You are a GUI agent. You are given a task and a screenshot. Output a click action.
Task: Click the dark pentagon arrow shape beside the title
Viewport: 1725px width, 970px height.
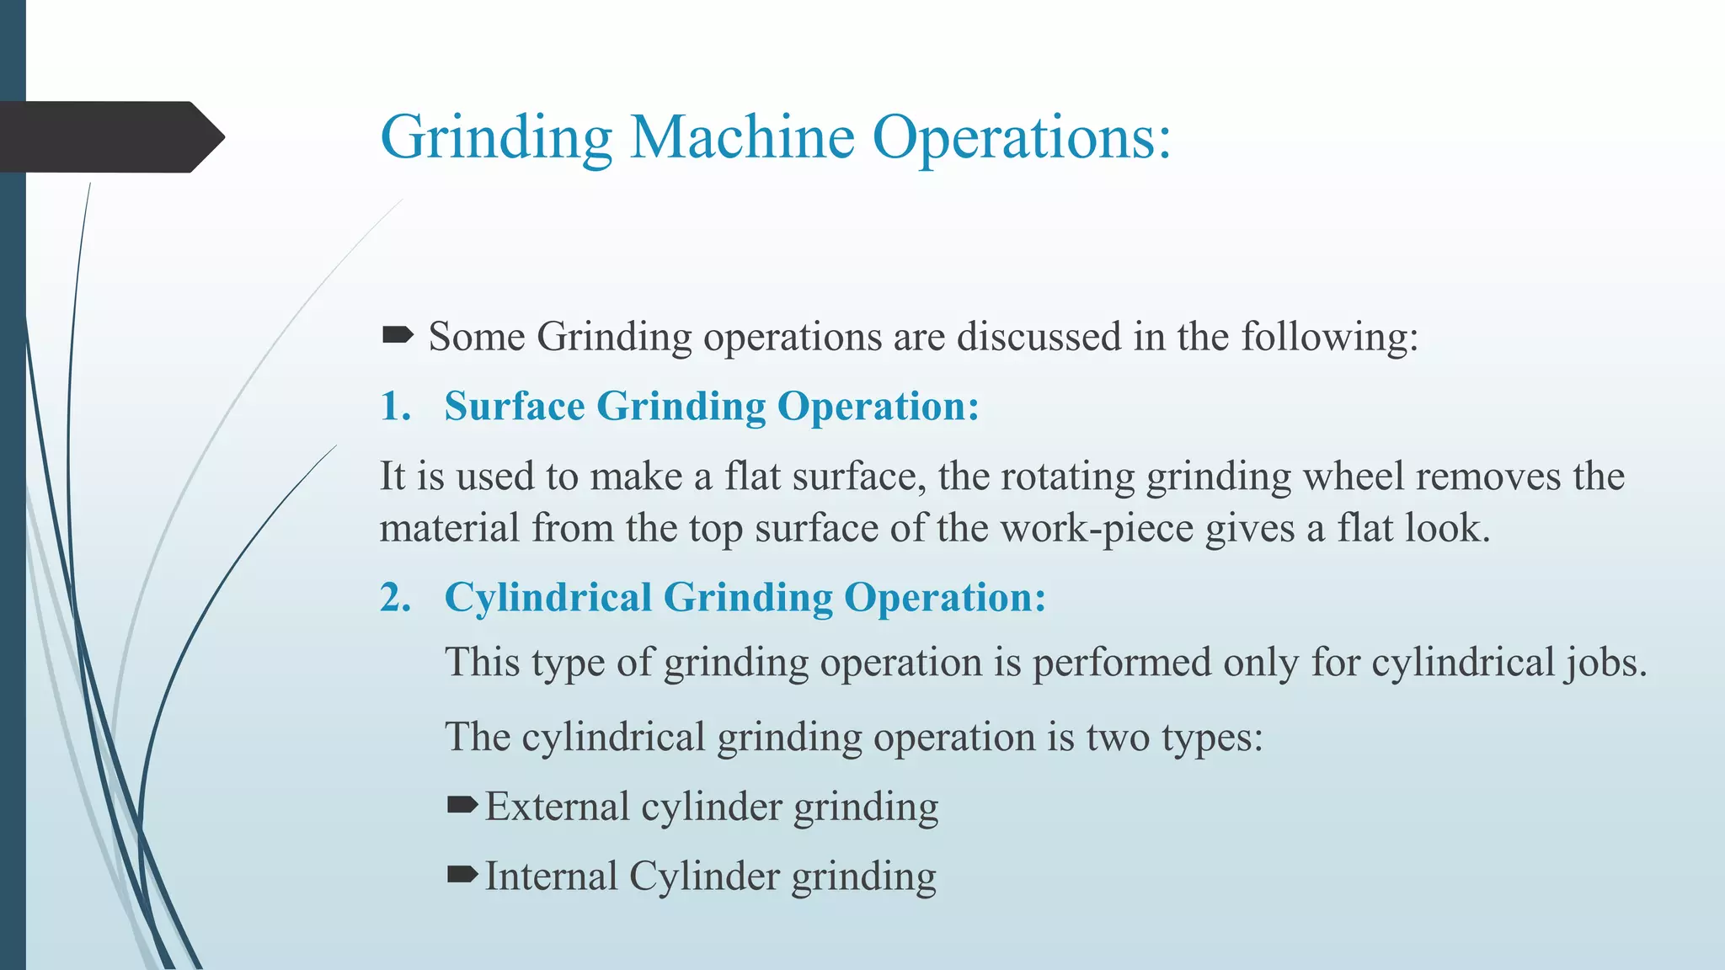coord(109,136)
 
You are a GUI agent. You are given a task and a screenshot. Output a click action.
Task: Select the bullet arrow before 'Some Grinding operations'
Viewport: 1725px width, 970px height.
coord(398,336)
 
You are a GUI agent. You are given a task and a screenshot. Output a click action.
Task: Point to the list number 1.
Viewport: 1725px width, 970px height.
coord(395,406)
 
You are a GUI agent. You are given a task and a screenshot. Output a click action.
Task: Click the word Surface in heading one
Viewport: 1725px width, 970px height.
coord(515,406)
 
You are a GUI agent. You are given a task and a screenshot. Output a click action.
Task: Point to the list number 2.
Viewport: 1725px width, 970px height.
coord(395,597)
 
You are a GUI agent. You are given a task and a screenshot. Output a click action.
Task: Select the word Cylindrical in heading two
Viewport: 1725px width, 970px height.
coord(547,597)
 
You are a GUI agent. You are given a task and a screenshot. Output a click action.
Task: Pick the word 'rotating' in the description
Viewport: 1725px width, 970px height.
coord(1068,477)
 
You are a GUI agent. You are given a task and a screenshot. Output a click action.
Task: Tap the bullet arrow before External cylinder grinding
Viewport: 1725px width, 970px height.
coord(462,806)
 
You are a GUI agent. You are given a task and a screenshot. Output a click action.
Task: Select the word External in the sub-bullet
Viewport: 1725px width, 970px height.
coord(557,807)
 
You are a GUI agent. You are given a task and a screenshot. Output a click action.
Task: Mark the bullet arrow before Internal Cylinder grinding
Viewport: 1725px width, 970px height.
coord(462,875)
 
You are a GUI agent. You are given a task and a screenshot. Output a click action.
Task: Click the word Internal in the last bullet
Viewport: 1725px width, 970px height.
coord(551,876)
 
